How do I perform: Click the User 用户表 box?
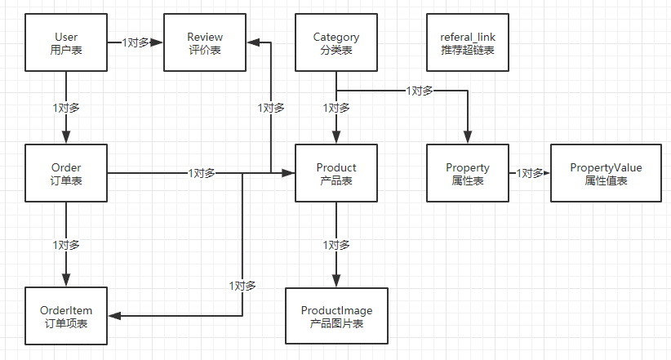click(66, 42)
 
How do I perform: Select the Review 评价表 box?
click(205, 42)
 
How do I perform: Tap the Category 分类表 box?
click(336, 42)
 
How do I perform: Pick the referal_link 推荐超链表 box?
click(468, 42)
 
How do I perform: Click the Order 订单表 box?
click(66, 173)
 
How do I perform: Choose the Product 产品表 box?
click(336, 173)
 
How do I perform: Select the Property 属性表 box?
click(468, 173)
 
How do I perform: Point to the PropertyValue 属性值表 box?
click(606, 173)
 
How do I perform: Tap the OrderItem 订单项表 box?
click(66, 316)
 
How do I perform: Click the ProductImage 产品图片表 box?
click(337, 316)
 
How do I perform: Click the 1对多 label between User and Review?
click(136, 42)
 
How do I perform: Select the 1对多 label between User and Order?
click(66, 108)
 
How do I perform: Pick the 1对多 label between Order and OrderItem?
click(66, 245)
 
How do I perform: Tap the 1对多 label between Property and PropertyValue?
click(530, 173)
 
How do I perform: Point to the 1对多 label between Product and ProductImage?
click(336, 245)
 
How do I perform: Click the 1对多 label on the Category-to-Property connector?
click(420, 91)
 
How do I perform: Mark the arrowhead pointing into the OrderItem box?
click(114, 316)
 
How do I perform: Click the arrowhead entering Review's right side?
click(254, 42)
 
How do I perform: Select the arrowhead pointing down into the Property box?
click(468, 137)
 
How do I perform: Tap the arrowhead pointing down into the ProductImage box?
click(336, 281)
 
